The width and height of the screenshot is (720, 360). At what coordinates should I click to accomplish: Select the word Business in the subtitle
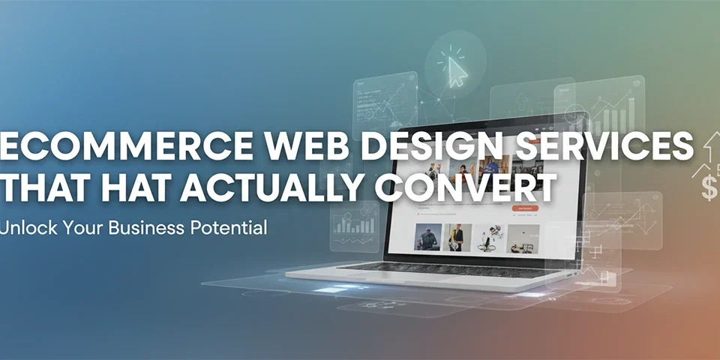142,227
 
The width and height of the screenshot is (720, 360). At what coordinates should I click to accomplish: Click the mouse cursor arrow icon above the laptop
456,72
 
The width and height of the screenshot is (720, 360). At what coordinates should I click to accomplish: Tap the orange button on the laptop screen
524,208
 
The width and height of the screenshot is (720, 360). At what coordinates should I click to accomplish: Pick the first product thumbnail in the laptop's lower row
428,237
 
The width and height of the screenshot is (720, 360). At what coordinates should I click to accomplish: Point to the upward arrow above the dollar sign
708,151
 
